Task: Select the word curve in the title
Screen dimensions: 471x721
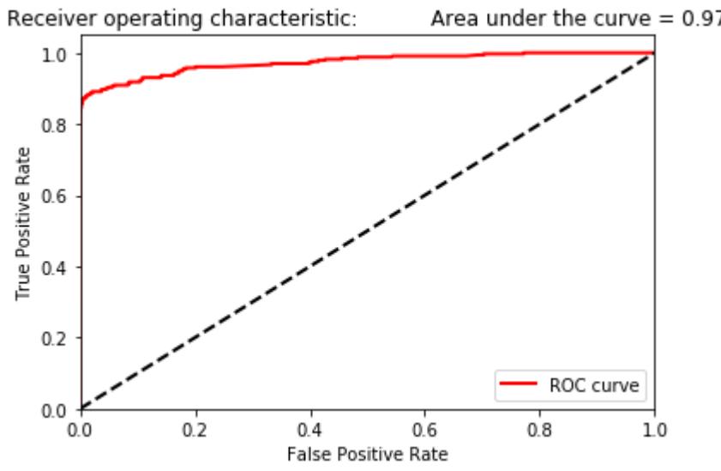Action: pyautogui.click(x=615, y=18)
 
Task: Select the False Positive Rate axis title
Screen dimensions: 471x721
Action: pyautogui.click(x=367, y=450)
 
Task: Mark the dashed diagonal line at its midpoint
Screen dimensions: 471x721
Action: pyautogui.click(x=367, y=231)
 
